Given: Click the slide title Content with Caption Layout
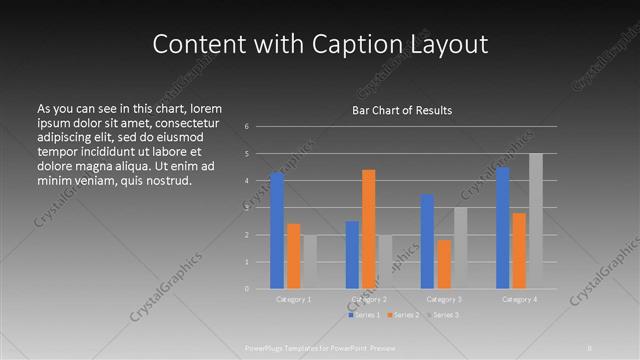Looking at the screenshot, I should point(320,44).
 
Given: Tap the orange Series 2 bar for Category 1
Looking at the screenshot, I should point(293,256).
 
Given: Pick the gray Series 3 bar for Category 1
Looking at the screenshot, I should point(309,262).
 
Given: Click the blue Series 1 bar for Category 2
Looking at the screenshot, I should point(352,255).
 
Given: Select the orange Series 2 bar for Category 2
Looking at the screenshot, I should point(368,229).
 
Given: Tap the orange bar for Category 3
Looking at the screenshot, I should point(443,264).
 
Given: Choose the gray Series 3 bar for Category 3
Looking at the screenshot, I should point(459,248).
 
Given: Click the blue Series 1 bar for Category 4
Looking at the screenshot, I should point(502,228).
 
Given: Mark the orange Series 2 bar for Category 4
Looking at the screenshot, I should point(518,251).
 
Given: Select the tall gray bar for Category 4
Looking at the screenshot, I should point(535,221).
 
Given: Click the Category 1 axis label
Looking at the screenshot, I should point(293,299).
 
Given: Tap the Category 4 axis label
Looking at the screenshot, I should point(518,299).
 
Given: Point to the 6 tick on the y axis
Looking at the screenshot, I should point(247,127).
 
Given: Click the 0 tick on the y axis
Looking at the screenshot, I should point(247,289).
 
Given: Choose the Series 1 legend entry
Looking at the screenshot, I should point(363,315).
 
